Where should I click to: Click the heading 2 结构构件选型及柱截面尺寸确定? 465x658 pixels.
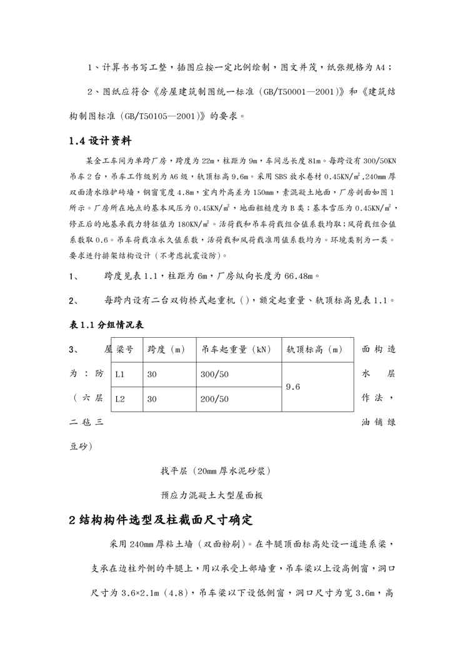(161, 519)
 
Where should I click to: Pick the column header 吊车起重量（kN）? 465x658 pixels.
(237, 350)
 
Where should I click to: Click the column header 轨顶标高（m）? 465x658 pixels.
(315, 350)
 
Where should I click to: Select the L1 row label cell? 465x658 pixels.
(121, 374)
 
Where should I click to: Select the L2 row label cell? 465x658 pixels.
(121, 398)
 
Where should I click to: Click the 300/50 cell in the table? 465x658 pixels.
(214, 374)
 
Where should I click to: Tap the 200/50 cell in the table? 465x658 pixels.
(214, 398)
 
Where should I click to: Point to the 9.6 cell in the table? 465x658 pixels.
(294, 387)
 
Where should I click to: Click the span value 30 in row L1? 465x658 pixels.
(152, 374)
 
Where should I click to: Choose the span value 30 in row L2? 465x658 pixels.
(152, 398)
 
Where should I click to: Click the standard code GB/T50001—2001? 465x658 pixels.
(292, 91)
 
